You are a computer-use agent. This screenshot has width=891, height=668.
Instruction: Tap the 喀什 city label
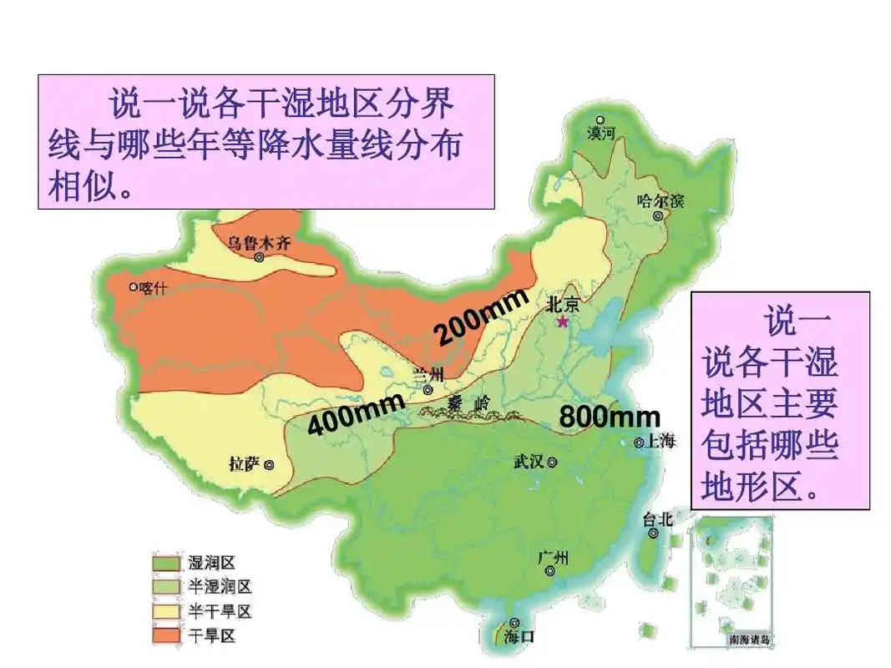154,287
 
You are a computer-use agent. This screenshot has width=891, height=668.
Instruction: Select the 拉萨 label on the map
245,463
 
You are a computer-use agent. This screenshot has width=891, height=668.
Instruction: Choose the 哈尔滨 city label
660,200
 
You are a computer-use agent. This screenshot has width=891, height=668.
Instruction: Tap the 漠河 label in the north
600,133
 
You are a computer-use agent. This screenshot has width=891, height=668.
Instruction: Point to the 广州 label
550,558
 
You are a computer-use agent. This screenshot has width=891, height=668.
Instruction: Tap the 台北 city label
657,519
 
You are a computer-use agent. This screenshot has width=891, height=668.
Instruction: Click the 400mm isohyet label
356,415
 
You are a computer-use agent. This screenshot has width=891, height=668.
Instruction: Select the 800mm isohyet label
609,417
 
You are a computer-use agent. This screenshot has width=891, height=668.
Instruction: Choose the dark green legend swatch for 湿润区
167,564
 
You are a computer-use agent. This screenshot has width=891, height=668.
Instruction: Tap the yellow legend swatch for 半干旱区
167,612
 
